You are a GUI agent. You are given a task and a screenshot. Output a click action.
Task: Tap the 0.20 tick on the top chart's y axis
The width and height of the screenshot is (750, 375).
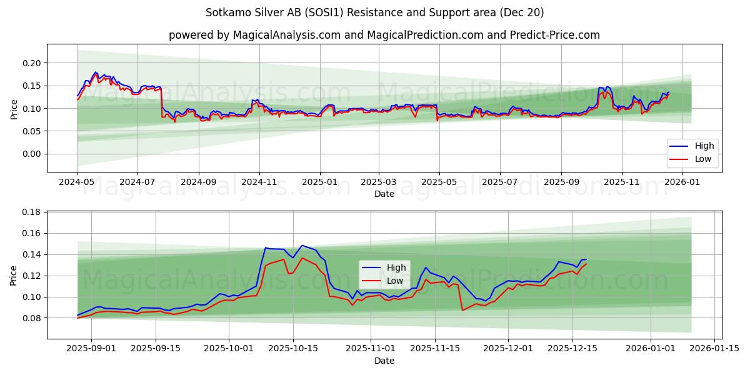[32, 63]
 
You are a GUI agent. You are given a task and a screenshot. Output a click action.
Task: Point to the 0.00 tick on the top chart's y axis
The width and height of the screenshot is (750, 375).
[32, 154]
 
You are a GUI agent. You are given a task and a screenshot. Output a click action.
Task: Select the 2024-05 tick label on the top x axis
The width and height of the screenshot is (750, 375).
[77, 182]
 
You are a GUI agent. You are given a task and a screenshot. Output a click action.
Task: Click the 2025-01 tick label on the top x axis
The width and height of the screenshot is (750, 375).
[319, 182]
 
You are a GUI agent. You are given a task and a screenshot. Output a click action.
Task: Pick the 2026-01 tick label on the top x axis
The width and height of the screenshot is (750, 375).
[682, 182]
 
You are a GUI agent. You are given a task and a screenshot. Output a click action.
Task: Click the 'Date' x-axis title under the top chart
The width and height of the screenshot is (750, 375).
[384, 194]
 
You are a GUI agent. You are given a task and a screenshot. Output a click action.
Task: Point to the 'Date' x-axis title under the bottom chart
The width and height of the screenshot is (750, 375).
[384, 361]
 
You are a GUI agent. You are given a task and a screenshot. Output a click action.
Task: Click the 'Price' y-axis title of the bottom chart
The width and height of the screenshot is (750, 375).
[14, 275]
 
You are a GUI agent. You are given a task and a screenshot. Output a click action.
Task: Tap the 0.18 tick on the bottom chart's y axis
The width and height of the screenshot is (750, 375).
[32, 212]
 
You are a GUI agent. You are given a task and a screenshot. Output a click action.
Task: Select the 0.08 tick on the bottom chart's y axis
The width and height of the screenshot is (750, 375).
[32, 318]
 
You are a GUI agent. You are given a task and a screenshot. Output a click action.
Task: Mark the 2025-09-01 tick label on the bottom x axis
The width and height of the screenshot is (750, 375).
[91, 349]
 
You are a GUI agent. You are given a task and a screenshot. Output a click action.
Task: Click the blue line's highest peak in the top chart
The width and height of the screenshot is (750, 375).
[96, 72]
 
